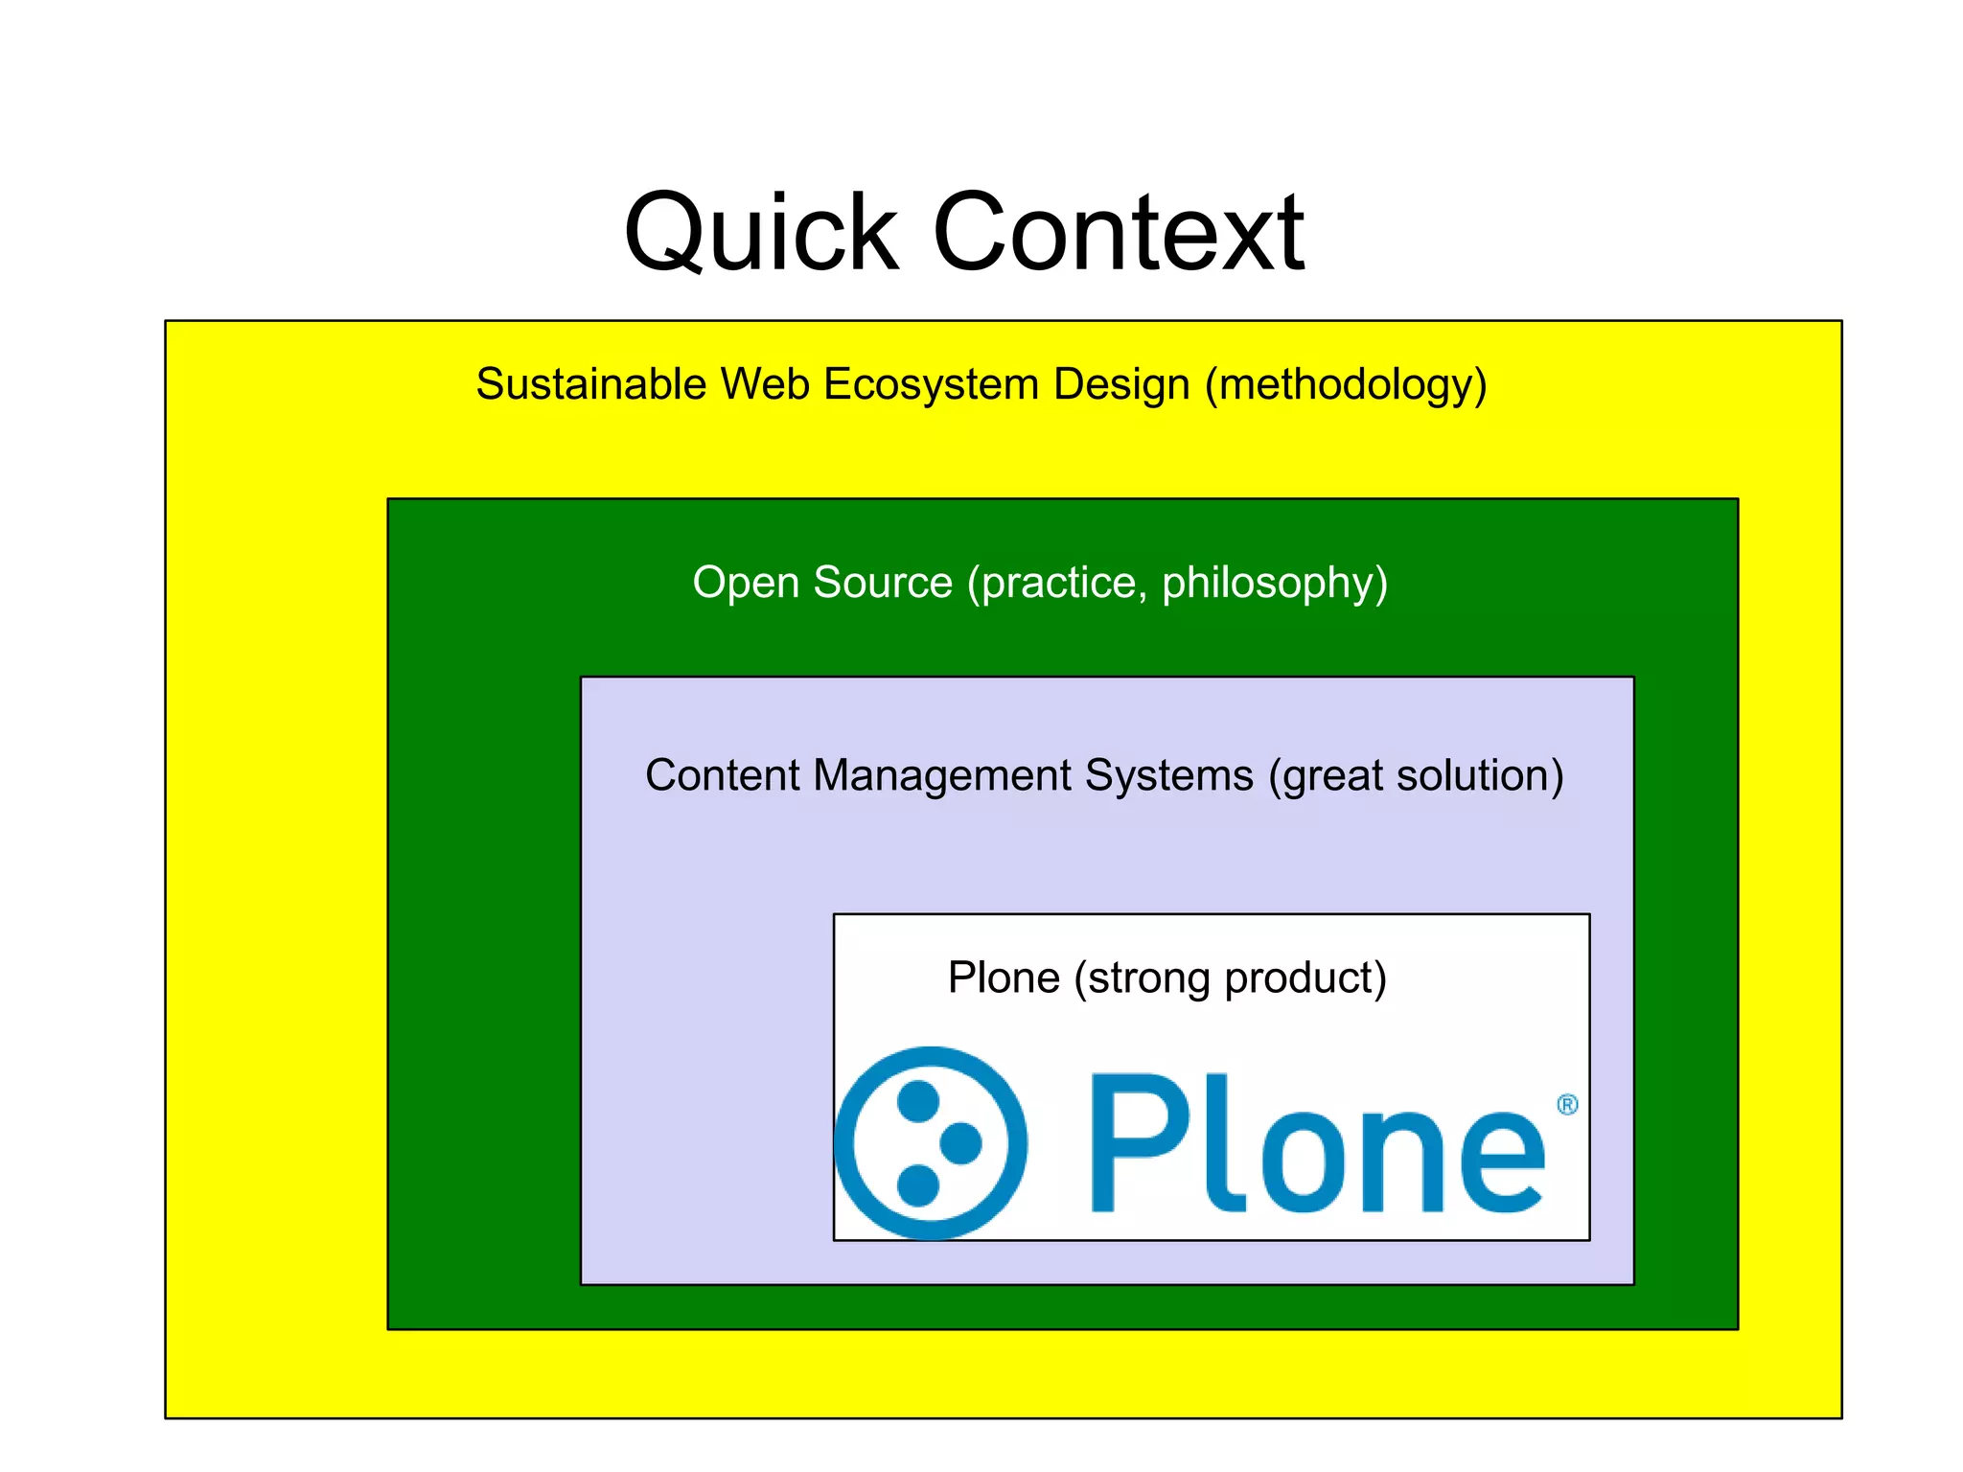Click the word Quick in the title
[760, 233]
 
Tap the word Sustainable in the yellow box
[590, 384]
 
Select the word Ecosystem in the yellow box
[931, 384]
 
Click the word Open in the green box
[746, 583]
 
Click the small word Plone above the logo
[1003, 978]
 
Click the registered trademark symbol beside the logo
[1567, 1105]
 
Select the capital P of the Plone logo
[1133, 1141]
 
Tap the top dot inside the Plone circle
[918, 1101]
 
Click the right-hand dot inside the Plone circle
[961, 1142]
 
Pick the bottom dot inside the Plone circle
[918, 1185]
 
